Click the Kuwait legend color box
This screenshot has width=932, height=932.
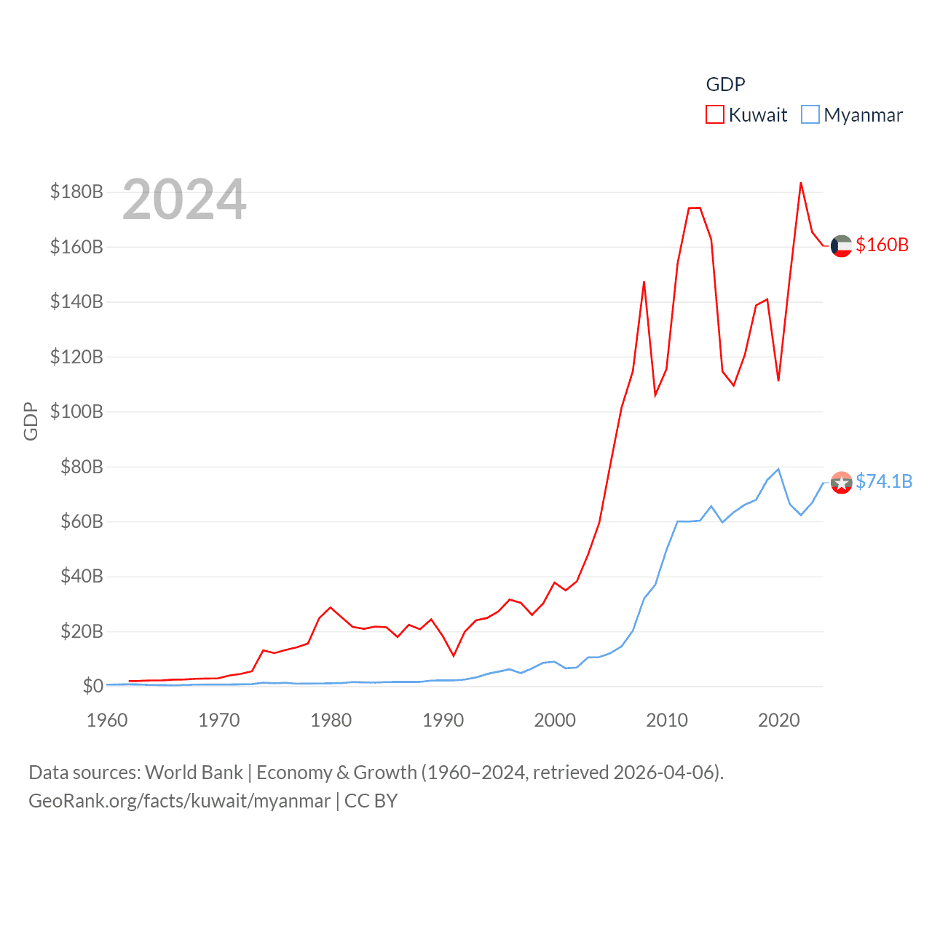point(715,115)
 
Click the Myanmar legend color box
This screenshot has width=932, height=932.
point(810,115)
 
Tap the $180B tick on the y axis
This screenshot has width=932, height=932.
point(76,191)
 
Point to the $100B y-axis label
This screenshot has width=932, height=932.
point(76,411)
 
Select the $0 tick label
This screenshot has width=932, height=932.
point(92,686)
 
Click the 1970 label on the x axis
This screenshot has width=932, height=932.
point(219,720)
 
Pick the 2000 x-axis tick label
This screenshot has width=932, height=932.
point(555,720)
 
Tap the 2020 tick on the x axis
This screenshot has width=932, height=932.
point(779,720)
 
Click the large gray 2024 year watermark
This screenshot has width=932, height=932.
point(184,200)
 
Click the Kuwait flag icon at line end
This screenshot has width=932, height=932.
point(841,246)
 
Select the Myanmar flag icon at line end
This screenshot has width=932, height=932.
point(841,482)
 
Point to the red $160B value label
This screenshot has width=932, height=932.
point(882,245)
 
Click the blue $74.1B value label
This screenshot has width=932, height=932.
point(884,481)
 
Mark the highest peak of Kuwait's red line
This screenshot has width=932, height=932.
point(801,183)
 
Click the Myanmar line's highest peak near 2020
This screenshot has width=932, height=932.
point(779,469)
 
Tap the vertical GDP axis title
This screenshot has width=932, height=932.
point(31,421)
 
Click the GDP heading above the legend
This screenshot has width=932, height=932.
point(725,84)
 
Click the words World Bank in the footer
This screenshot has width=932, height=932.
point(194,772)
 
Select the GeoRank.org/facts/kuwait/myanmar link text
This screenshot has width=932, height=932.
point(179,801)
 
